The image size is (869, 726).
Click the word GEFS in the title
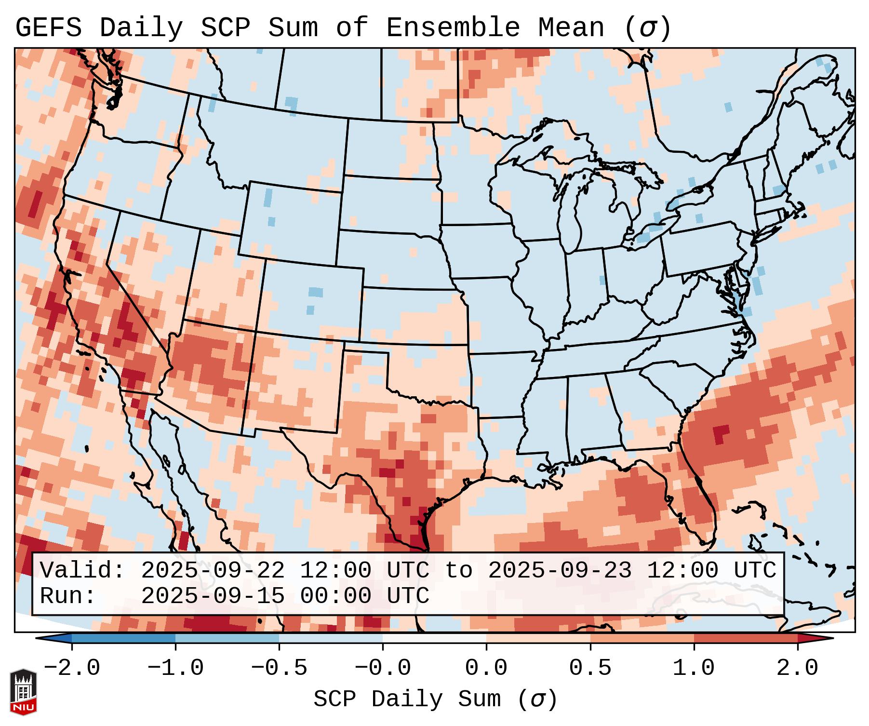(x=49, y=28)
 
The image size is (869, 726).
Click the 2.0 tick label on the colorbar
(x=797, y=668)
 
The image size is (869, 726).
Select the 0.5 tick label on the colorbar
(x=590, y=668)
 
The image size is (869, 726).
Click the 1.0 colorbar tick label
(x=694, y=668)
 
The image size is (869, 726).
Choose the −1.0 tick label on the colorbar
(x=175, y=668)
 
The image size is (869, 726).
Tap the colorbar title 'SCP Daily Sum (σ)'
(x=435, y=699)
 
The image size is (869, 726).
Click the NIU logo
(x=23, y=692)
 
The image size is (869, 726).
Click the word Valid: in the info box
(x=82, y=571)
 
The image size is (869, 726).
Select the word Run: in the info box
(x=67, y=596)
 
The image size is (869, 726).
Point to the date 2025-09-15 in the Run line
(x=213, y=596)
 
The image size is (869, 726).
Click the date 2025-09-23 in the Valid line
(x=560, y=571)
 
